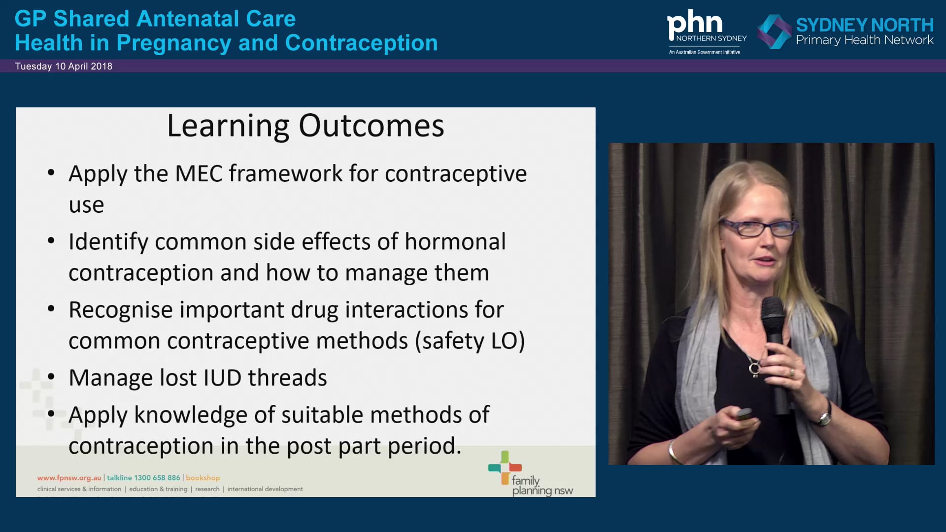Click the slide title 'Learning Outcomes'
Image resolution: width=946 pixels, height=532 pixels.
pos(305,126)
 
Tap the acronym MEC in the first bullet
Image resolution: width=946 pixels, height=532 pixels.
pos(199,174)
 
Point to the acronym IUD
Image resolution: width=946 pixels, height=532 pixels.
pos(222,378)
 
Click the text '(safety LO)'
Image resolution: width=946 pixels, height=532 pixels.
pos(470,341)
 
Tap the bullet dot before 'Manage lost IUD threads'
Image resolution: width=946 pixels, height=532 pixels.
pos(51,377)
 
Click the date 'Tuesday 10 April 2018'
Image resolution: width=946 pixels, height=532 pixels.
pos(64,66)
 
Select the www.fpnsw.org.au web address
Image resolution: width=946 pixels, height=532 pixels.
pos(69,478)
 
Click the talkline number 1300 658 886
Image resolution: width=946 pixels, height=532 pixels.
pos(157,478)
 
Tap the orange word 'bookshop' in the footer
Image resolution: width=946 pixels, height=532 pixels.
pos(203,478)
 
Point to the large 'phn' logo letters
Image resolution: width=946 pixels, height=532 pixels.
pos(694,23)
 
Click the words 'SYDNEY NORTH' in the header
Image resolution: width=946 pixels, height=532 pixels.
pos(865,25)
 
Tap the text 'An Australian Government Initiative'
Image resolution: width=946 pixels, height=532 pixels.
pos(704,52)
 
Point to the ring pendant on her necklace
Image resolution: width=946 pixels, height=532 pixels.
pos(754,368)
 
